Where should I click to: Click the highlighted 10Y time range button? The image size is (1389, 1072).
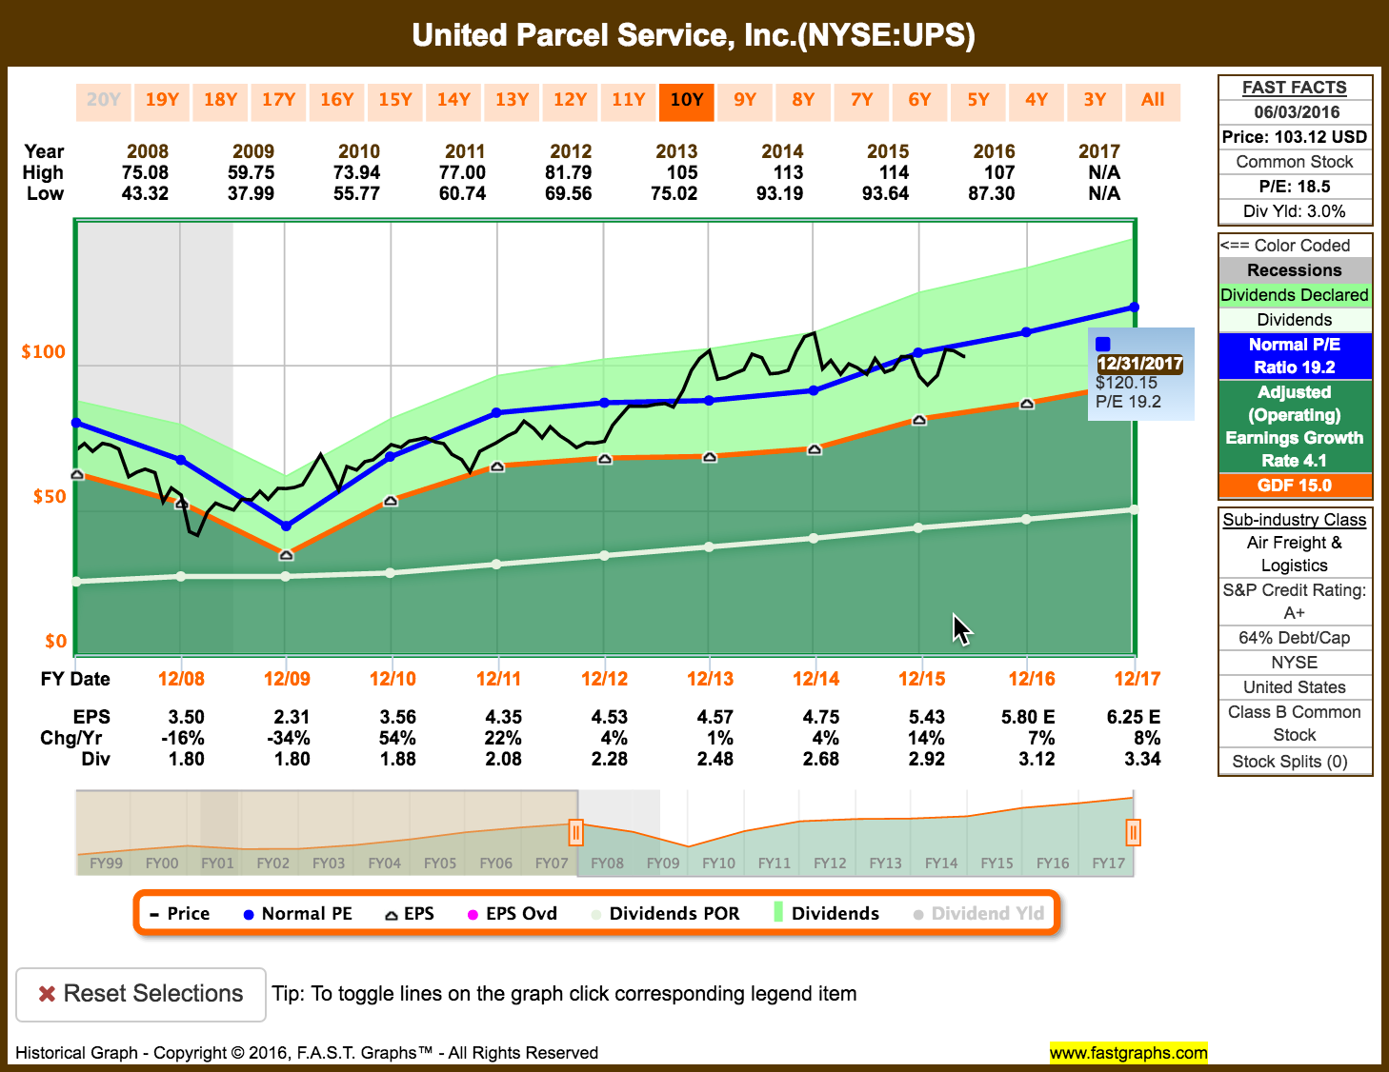point(686,100)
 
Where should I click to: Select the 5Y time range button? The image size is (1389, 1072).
point(978,100)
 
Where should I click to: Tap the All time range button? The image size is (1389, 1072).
point(1153,100)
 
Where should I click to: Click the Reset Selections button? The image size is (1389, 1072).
point(141,994)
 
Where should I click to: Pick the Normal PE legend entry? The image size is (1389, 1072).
point(297,914)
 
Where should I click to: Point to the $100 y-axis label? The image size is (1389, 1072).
point(44,352)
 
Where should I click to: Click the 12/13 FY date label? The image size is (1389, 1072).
point(711,679)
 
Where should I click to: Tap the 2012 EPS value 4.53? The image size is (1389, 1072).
point(610,717)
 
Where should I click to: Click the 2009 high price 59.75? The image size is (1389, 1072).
point(252,172)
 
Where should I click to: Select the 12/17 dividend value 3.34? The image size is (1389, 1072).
point(1142,759)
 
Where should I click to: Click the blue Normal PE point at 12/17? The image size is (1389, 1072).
point(1135,307)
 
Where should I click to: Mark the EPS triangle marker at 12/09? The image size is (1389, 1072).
point(286,555)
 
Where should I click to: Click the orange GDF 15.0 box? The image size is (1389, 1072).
point(1295,486)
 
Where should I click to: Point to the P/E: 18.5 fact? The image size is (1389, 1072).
point(1295,187)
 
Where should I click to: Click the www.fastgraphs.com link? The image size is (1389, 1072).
point(1128,1052)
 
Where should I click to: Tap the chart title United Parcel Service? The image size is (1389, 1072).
point(694,35)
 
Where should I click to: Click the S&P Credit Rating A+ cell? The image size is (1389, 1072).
point(1295,602)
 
